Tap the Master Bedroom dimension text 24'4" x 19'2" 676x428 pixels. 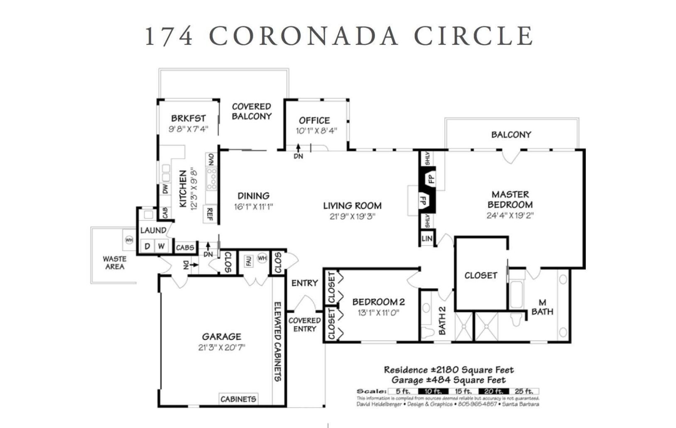pyautogui.click(x=510, y=216)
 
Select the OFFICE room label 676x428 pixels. pyautogui.click(x=314, y=121)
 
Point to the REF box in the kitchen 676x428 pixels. pyautogui.click(x=210, y=214)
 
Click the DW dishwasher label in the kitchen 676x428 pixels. pyautogui.click(x=166, y=189)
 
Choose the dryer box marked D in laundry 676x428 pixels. pyautogui.click(x=147, y=246)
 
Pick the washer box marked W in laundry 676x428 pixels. pyautogui.click(x=161, y=246)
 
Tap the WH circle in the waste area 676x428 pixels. pyautogui.click(x=129, y=240)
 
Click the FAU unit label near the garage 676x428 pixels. pyautogui.click(x=249, y=261)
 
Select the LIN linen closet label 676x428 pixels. pyautogui.click(x=427, y=239)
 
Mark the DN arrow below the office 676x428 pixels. pyautogui.click(x=298, y=151)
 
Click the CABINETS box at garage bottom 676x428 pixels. pyautogui.click(x=238, y=399)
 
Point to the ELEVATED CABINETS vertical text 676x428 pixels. pyautogui.click(x=278, y=341)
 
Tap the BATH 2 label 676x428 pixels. pyautogui.click(x=442, y=320)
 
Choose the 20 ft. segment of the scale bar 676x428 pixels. pyautogui.click(x=493, y=391)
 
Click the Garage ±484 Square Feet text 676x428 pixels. pyautogui.click(x=448, y=380)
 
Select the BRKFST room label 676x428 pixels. pyautogui.click(x=189, y=118)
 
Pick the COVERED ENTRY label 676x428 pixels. pyautogui.click(x=304, y=325)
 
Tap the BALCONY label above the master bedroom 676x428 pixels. pyautogui.click(x=511, y=135)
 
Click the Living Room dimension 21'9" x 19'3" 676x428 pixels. pyautogui.click(x=352, y=216)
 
